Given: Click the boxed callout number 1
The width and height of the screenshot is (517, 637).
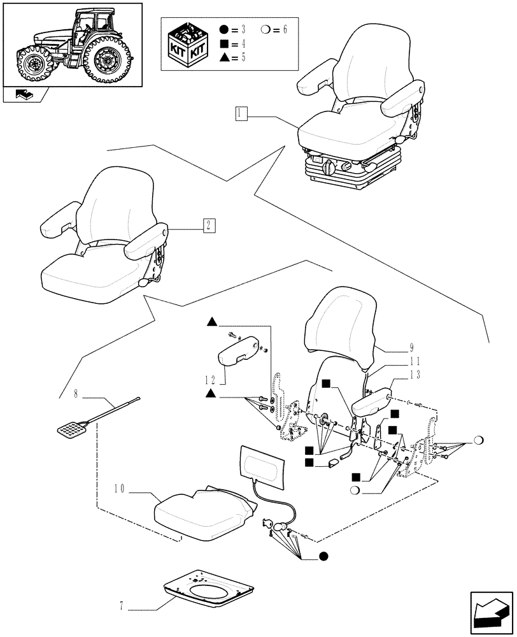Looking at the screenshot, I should click(240, 114).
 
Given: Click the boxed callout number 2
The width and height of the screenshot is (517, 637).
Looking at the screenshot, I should click(209, 225).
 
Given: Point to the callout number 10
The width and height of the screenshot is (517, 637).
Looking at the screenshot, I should click(119, 490).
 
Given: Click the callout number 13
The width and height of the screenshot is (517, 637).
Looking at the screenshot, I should click(414, 375).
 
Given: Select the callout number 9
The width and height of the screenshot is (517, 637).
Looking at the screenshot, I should click(412, 348).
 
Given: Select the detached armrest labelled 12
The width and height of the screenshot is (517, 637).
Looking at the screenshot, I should click(240, 350).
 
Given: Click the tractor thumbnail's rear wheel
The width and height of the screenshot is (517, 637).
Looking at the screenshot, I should click(108, 60).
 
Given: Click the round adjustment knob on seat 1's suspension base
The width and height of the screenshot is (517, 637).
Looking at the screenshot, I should click(329, 169).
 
